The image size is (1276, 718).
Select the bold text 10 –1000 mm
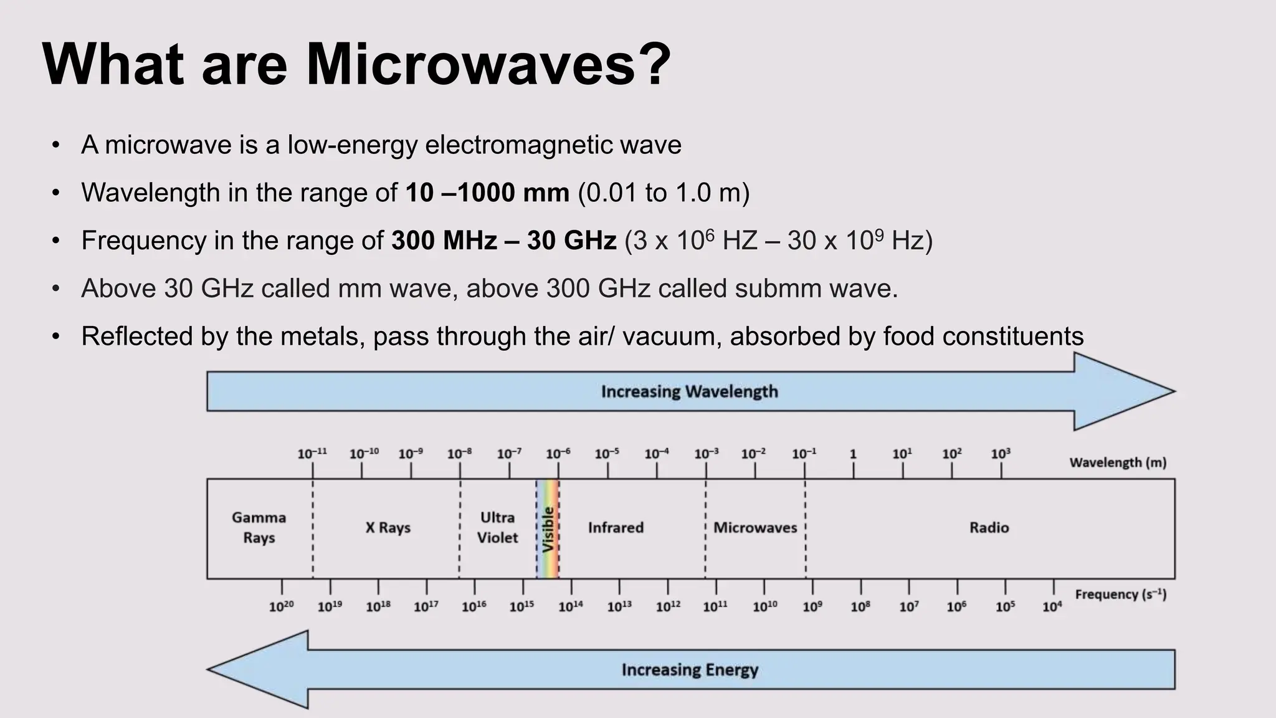(487, 193)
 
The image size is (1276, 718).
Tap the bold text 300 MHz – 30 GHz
(503, 241)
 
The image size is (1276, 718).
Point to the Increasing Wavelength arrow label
(689, 391)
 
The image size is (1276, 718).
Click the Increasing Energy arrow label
(690, 670)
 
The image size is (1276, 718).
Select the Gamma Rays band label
(259, 527)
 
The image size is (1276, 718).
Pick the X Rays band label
(388, 527)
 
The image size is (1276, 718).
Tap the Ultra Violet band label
(497, 527)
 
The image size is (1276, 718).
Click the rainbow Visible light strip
(548, 529)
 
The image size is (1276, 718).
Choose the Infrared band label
(616, 527)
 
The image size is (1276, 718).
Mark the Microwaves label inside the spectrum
(755, 527)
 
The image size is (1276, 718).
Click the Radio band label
(989, 527)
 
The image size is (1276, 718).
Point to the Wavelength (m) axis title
(1118, 462)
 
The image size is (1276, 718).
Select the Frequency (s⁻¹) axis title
(1120, 595)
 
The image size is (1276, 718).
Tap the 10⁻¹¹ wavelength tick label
(312, 454)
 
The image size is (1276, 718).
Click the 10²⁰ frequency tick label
(281, 606)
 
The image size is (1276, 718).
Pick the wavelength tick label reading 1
(853, 454)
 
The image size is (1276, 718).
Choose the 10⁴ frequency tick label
(1052, 606)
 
